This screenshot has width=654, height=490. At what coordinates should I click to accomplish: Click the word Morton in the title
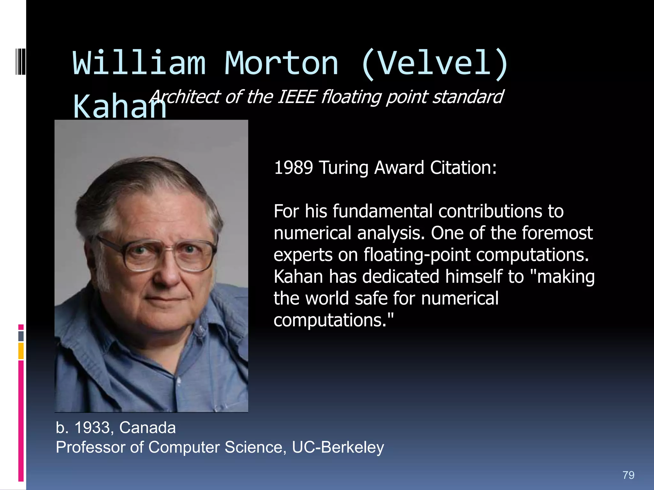(x=281, y=63)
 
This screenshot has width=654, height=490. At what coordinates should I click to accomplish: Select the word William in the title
(x=139, y=63)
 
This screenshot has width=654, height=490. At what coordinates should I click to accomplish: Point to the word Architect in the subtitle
(x=185, y=97)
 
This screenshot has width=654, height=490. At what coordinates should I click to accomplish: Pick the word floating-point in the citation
(x=417, y=255)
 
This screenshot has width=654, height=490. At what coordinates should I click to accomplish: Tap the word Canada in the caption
(x=147, y=427)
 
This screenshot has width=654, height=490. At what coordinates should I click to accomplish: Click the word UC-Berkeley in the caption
(x=338, y=447)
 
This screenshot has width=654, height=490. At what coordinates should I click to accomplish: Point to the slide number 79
(x=628, y=475)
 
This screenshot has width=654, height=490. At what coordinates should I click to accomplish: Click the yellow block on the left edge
(x=21, y=351)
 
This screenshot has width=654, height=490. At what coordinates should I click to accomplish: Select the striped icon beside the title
(x=20, y=61)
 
